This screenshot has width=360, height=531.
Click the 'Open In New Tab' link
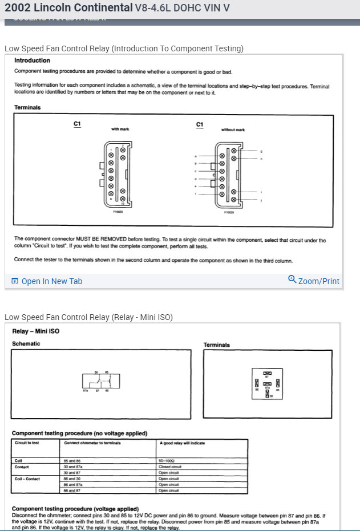(51, 281)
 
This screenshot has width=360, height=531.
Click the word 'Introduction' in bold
(32, 60)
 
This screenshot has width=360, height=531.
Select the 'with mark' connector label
(120, 129)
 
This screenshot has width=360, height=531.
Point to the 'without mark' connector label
(233, 129)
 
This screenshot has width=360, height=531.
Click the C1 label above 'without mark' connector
(199, 124)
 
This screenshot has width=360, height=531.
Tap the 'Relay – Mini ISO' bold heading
(36, 331)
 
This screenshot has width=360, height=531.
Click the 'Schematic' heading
(26, 344)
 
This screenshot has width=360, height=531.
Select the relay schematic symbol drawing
(101, 382)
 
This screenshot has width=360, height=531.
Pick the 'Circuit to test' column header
(27, 443)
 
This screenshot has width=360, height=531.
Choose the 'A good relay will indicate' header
(181, 443)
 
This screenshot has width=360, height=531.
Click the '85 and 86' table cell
(73, 461)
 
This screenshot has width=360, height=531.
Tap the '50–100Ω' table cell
(167, 461)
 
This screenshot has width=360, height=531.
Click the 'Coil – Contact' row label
(28, 479)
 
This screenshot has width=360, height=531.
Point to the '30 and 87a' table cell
(74, 467)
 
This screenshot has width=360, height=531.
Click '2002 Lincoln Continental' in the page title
(67, 9)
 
